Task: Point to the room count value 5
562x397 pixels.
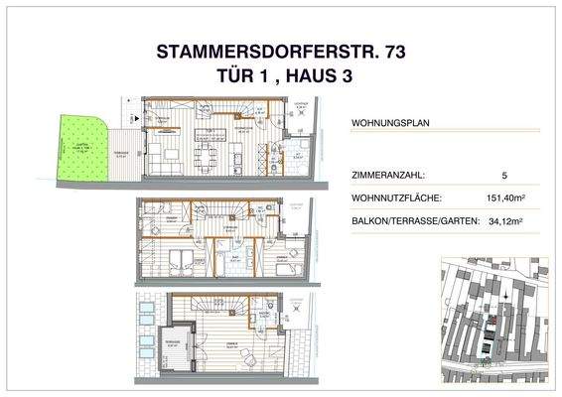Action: click(x=505, y=176)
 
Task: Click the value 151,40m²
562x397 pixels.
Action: click(x=506, y=198)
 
